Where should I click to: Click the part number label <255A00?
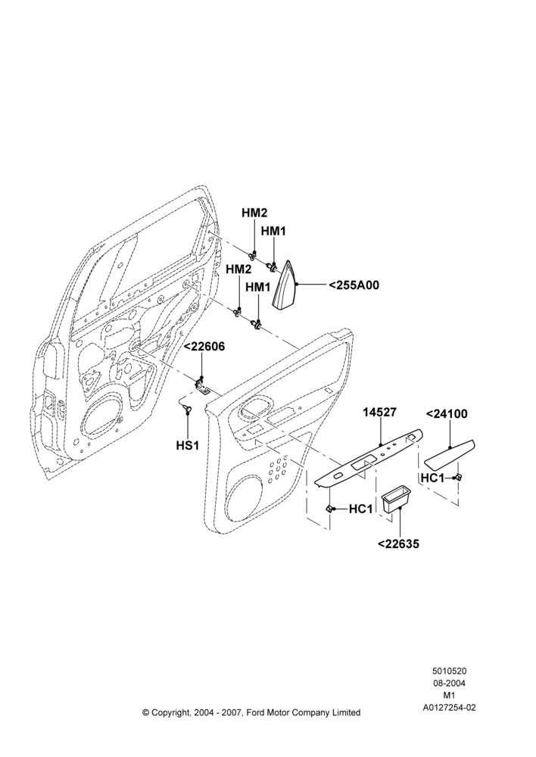tap(354, 285)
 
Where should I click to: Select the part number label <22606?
tap(204, 347)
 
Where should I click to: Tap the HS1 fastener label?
tap(187, 444)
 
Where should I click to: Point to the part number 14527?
tap(380, 413)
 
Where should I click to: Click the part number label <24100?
tap(447, 414)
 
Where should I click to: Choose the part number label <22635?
tap(398, 544)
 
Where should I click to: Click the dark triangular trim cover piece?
tap(285, 285)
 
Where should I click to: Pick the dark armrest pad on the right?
tap(449, 455)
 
